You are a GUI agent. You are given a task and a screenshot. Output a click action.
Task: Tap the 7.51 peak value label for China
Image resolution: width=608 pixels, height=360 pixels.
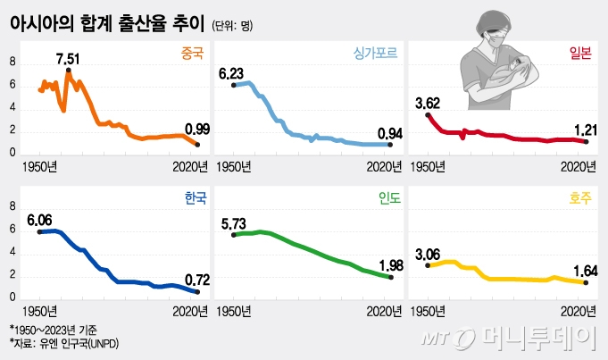click(68, 58)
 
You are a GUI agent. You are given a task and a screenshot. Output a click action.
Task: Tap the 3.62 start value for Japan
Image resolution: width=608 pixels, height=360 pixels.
click(429, 103)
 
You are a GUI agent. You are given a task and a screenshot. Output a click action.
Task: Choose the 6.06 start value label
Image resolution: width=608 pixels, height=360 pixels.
click(40, 219)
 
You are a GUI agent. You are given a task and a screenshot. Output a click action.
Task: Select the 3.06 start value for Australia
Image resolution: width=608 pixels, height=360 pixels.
click(429, 253)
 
